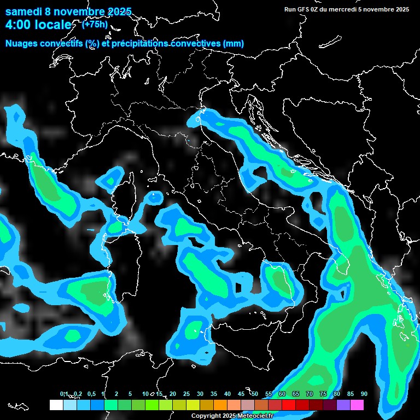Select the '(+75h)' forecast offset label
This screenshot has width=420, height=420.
[94, 24]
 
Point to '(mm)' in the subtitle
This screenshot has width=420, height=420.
[233, 44]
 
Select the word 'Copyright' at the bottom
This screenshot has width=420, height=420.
[205, 416]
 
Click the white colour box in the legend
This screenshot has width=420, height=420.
[56, 405]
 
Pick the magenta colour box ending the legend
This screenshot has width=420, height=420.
[357, 405]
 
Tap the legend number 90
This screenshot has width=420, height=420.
[364, 394]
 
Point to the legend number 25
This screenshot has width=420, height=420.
[186, 394]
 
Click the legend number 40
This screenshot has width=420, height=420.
[227, 394]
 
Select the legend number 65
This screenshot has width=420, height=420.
[295, 394]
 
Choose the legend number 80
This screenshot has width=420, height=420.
[336, 394]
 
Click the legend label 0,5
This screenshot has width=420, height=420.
[91, 394]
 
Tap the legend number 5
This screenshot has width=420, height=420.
[130, 394]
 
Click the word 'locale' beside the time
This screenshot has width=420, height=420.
[54, 25]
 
